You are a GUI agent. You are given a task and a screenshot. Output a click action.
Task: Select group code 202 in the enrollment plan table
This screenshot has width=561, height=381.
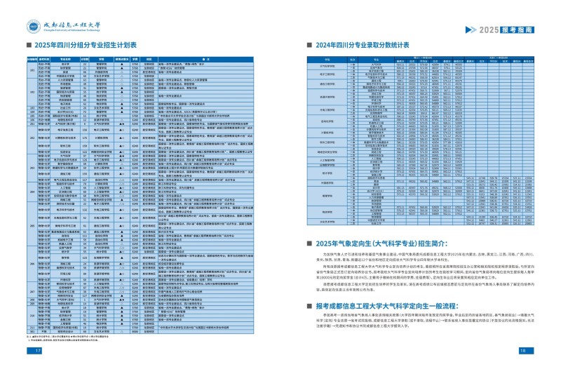click(32, 138)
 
